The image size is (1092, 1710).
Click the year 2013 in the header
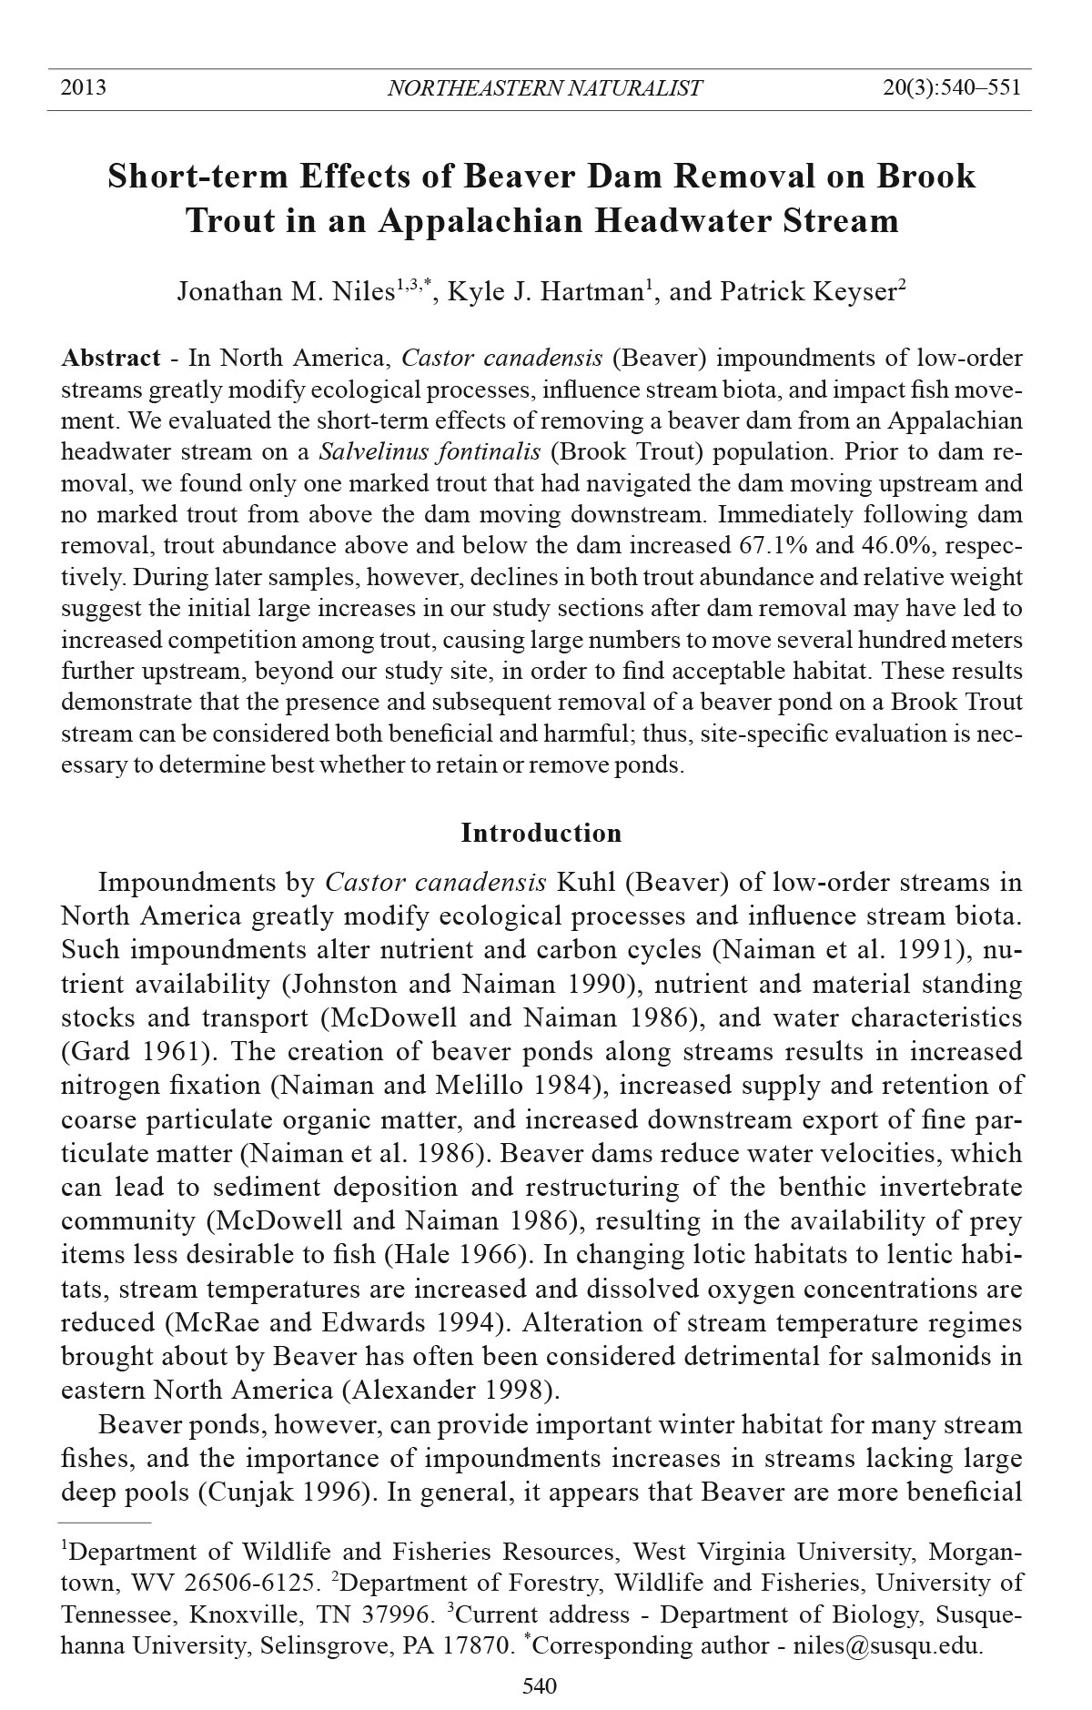click(83, 88)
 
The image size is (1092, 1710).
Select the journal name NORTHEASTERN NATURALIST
click(544, 88)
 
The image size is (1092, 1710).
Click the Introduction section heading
click(541, 833)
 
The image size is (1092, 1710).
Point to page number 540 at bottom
click(540, 1686)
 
